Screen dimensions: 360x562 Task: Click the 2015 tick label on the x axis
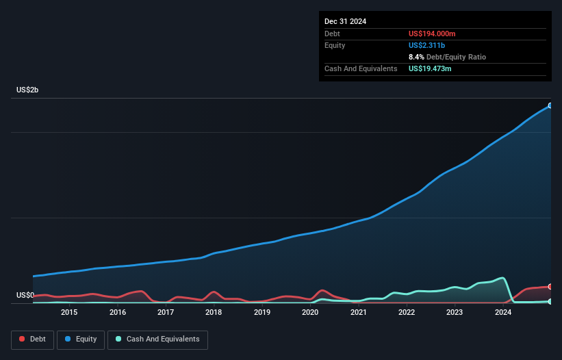[x=68, y=312]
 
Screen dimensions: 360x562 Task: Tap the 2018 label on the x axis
[x=214, y=312]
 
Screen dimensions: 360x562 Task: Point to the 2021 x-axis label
[x=358, y=312]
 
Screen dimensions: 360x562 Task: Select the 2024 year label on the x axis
[x=503, y=312]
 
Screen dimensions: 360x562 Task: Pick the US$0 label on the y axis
[x=25, y=296]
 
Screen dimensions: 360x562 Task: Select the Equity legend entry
[x=80, y=339]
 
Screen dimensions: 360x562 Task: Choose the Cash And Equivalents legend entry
[x=157, y=339]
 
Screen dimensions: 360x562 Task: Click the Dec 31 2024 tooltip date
[x=345, y=21]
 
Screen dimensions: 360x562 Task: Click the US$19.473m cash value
[x=430, y=68]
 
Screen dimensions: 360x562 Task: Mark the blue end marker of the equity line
[x=550, y=105]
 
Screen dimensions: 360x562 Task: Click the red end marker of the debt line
[x=550, y=286]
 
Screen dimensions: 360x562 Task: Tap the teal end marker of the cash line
[x=550, y=301]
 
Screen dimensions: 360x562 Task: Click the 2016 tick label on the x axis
[x=117, y=312]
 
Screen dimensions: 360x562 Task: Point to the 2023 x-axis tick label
[x=455, y=312]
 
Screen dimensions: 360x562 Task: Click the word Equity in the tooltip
[x=335, y=45]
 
